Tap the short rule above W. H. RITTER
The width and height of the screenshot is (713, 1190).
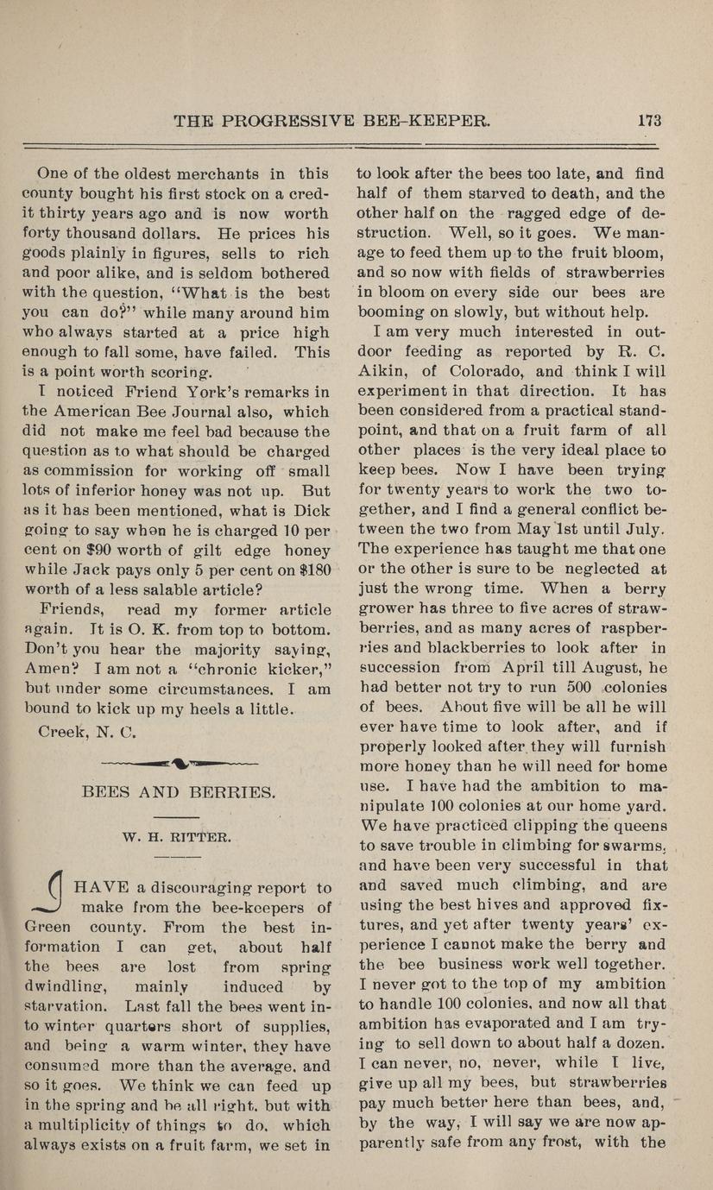click(x=180, y=815)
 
